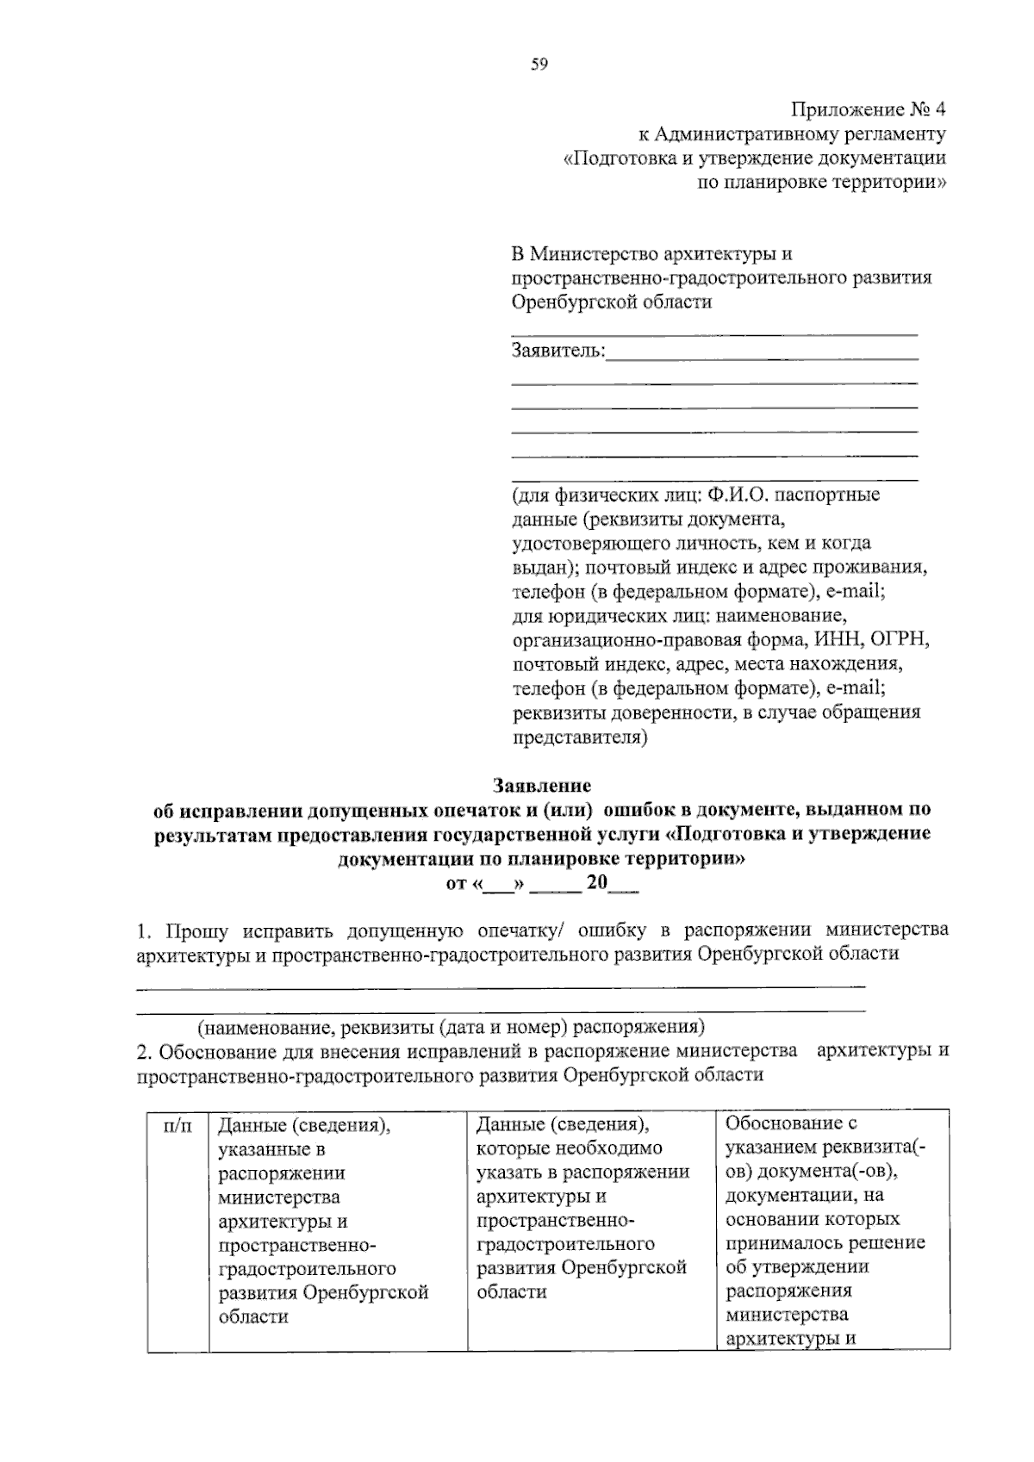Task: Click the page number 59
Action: pyautogui.click(x=539, y=64)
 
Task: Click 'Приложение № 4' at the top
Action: pyautogui.click(x=868, y=110)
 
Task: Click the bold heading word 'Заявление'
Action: pyautogui.click(x=541, y=786)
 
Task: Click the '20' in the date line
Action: pyautogui.click(x=596, y=883)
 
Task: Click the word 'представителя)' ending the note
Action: pyautogui.click(x=579, y=737)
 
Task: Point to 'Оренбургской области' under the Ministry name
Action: pyautogui.click(x=612, y=302)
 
